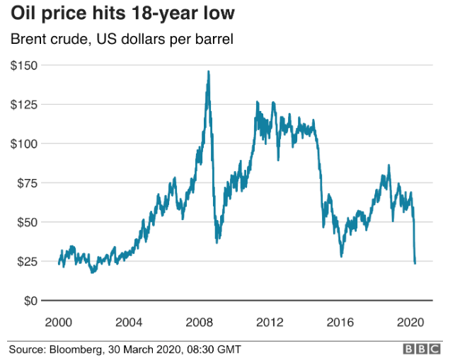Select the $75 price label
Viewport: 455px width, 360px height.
point(26,182)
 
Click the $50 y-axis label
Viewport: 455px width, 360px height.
point(26,222)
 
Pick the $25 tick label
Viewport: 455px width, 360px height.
point(26,261)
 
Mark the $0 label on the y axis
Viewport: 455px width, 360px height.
point(30,301)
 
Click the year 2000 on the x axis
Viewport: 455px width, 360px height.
point(58,322)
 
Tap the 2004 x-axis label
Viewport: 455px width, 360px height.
point(128,322)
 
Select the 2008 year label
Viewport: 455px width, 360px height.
point(199,322)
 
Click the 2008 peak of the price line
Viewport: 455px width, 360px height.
point(208,71)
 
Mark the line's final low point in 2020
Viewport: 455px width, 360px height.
point(415,263)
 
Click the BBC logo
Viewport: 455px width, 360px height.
point(422,349)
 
